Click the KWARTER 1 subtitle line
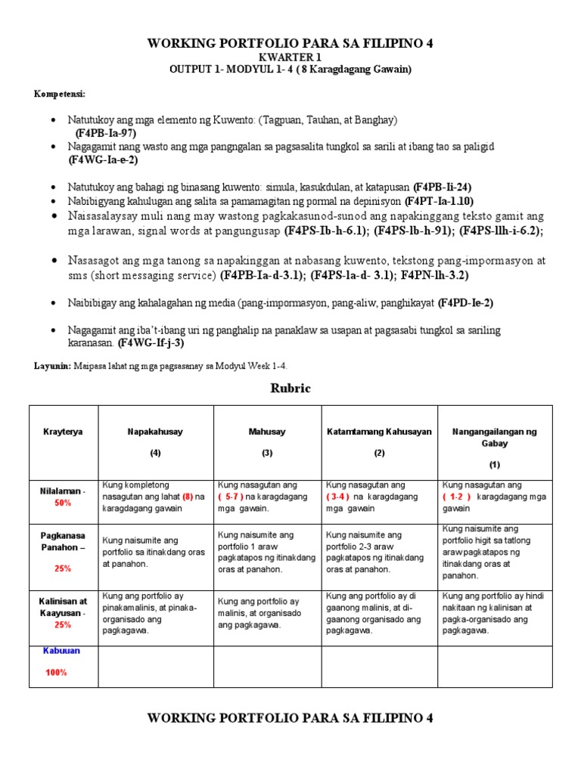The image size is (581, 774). click(x=290, y=57)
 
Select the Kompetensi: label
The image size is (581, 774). click(x=59, y=94)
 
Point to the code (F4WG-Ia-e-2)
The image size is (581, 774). click(x=103, y=159)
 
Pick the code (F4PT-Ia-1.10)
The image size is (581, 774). click(x=439, y=201)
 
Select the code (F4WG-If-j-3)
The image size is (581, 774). click(x=151, y=343)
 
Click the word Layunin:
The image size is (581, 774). click(x=52, y=366)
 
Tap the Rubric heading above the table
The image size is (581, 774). click(x=290, y=389)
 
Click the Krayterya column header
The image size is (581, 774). click(x=63, y=432)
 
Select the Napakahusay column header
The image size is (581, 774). click(x=155, y=432)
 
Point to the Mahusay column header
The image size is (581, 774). click(x=267, y=432)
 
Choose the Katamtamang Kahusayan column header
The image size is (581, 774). click(x=379, y=432)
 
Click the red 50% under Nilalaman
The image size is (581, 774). click(x=63, y=502)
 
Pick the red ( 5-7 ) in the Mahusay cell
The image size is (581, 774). click(x=231, y=497)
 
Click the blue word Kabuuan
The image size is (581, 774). click(x=62, y=651)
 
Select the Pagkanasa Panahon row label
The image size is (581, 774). click(x=63, y=540)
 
